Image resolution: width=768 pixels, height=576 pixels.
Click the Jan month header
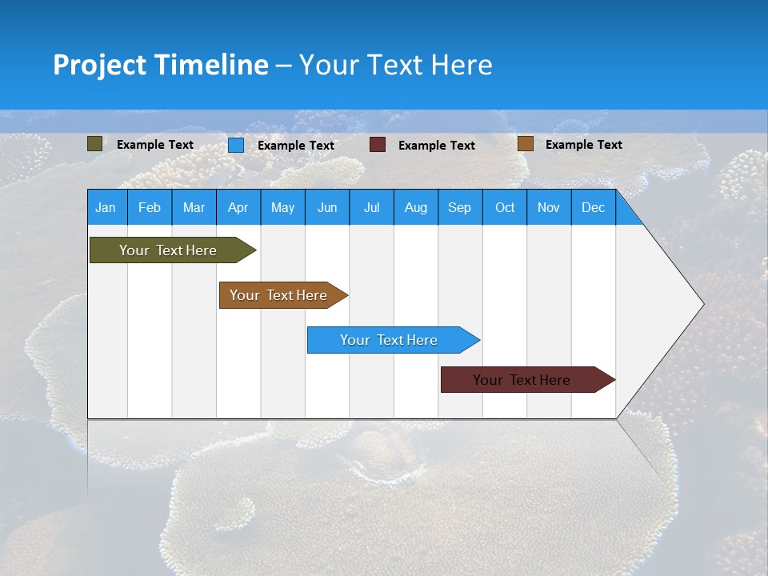click(106, 207)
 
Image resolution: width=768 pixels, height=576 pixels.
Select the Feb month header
click(150, 207)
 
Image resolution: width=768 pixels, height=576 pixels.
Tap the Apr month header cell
click(238, 207)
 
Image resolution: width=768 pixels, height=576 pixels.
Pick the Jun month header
click(327, 207)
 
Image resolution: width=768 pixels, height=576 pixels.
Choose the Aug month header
click(415, 207)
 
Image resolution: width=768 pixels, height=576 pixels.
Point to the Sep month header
click(459, 207)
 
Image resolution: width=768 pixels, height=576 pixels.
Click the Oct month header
click(505, 207)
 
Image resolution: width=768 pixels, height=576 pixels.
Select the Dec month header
click(593, 207)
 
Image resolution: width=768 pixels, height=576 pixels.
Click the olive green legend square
click(94, 144)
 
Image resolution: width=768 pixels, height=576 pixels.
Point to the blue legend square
click(236, 145)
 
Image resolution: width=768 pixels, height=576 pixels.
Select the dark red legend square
click(378, 145)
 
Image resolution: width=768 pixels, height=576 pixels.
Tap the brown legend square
click(525, 144)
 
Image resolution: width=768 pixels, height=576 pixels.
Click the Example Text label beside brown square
click(583, 144)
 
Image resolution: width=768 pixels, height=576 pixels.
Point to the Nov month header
click(549, 207)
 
